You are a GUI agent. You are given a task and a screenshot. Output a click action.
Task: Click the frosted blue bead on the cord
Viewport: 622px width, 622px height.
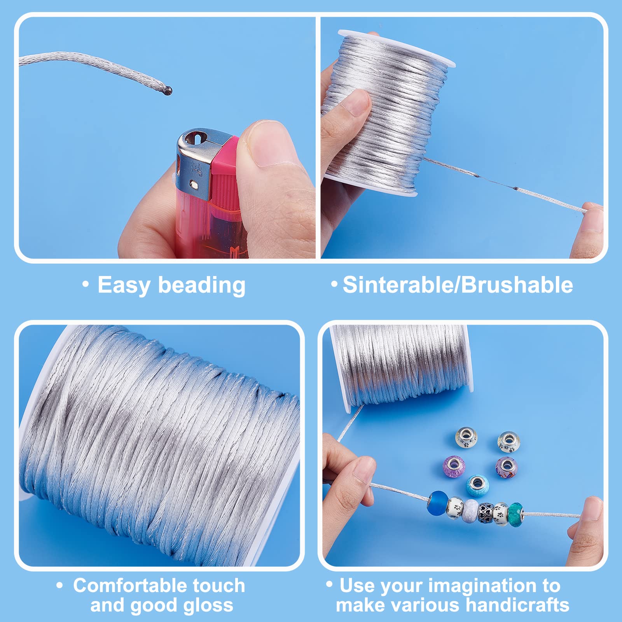(x=437, y=503)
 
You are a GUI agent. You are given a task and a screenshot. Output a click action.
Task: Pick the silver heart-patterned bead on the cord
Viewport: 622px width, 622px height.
(x=486, y=513)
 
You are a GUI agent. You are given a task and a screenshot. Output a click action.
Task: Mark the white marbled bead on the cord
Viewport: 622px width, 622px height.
(x=470, y=510)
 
